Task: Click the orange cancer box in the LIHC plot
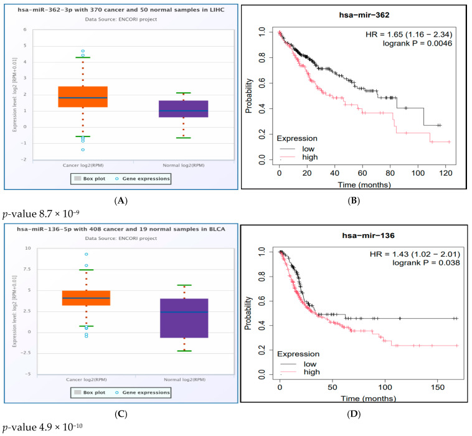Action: [x=82, y=97]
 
